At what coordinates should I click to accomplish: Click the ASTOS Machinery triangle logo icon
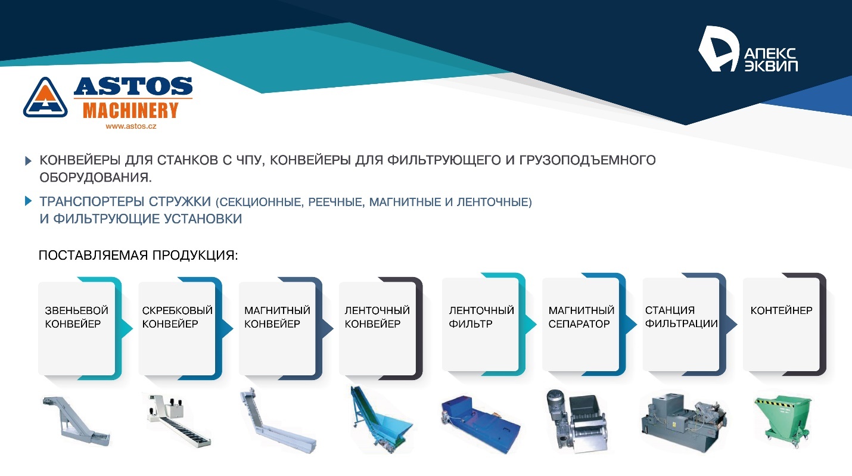[x=45, y=97]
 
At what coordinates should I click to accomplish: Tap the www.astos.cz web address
[x=130, y=126]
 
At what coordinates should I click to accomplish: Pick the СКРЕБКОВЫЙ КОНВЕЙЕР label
[x=177, y=318]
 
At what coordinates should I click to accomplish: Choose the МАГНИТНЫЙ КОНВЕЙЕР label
[x=277, y=318]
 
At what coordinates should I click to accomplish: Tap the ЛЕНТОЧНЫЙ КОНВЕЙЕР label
[x=377, y=318]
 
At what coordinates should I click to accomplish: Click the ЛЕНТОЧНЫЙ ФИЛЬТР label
[x=481, y=318]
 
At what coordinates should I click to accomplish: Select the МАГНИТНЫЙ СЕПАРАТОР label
[x=581, y=318]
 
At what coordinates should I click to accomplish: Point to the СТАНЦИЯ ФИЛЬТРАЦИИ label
[x=681, y=318]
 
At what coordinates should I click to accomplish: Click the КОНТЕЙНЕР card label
[x=781, y=310]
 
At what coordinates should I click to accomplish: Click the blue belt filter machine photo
[x=480, y=420]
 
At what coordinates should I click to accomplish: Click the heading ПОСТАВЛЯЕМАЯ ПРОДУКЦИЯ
[x=138, y=256]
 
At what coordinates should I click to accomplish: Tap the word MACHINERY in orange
[x=130, y=111]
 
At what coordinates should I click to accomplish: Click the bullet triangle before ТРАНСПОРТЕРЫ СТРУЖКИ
[x=28, y=201]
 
